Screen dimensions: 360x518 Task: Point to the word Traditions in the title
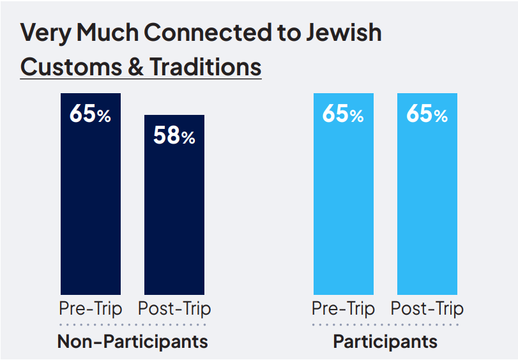coord(206,66)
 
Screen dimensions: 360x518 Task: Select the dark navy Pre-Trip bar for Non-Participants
coord(91,204)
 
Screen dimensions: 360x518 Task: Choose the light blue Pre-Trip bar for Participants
coord(343,204)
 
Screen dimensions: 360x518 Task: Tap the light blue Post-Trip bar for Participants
coord(427,204)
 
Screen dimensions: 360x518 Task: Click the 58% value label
coord(174,137)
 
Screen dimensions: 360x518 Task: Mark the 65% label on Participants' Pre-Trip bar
coord(343,115)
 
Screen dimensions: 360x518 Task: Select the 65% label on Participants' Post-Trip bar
coord(427,115)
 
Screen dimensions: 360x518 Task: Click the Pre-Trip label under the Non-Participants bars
coord(91,309)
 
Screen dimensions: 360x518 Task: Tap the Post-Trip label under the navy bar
coord(174,309)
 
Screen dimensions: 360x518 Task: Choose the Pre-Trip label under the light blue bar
coord(343,309)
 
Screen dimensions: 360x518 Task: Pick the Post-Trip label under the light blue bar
coord(427,309)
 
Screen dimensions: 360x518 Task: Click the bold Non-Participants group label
coord(133,341)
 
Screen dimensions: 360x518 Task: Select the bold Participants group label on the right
coord(385,341)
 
